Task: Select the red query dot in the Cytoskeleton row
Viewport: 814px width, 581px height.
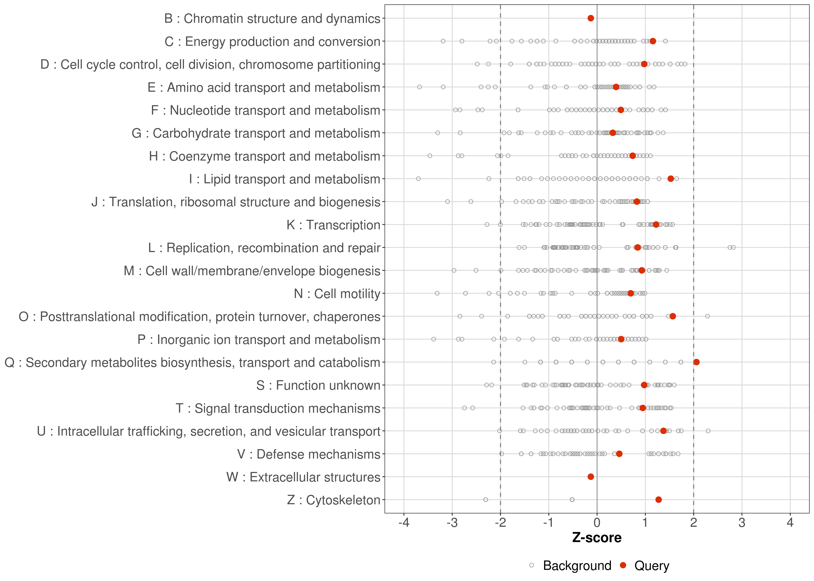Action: tap(658, 499)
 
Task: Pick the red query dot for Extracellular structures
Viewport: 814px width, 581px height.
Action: tap(591, 477)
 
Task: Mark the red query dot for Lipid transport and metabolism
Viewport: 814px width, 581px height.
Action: tap(670, 179)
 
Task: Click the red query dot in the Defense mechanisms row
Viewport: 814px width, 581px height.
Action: tap(619, 454)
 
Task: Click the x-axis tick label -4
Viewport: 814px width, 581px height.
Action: tap(404, 523)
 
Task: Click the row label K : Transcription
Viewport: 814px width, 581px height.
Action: tap(333, 225)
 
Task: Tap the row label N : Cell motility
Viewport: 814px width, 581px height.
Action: tap(337, 294)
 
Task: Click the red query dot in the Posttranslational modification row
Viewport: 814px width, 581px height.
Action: tap(673, 316)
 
